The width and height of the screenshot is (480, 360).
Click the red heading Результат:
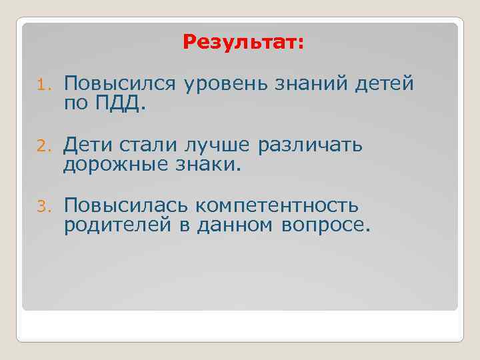pos(243,43)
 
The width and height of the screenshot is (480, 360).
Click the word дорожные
pos(111,165)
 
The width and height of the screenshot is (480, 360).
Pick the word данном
pos(234,226)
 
